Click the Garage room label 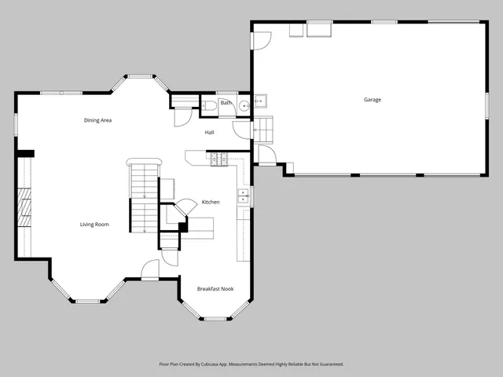click(373, 100)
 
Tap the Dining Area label click(97, 120)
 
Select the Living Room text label click(94, 225)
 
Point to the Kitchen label click(210, 202)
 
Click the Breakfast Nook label click(215, 289)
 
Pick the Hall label click(210, 132)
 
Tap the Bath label click(226, 103)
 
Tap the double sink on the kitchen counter click(244, 195)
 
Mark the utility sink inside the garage click(260, 101)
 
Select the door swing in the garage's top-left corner click(262, 39)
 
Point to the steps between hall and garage click(263, 127)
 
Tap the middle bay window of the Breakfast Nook click(215, 319)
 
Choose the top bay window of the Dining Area click(141, 77)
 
